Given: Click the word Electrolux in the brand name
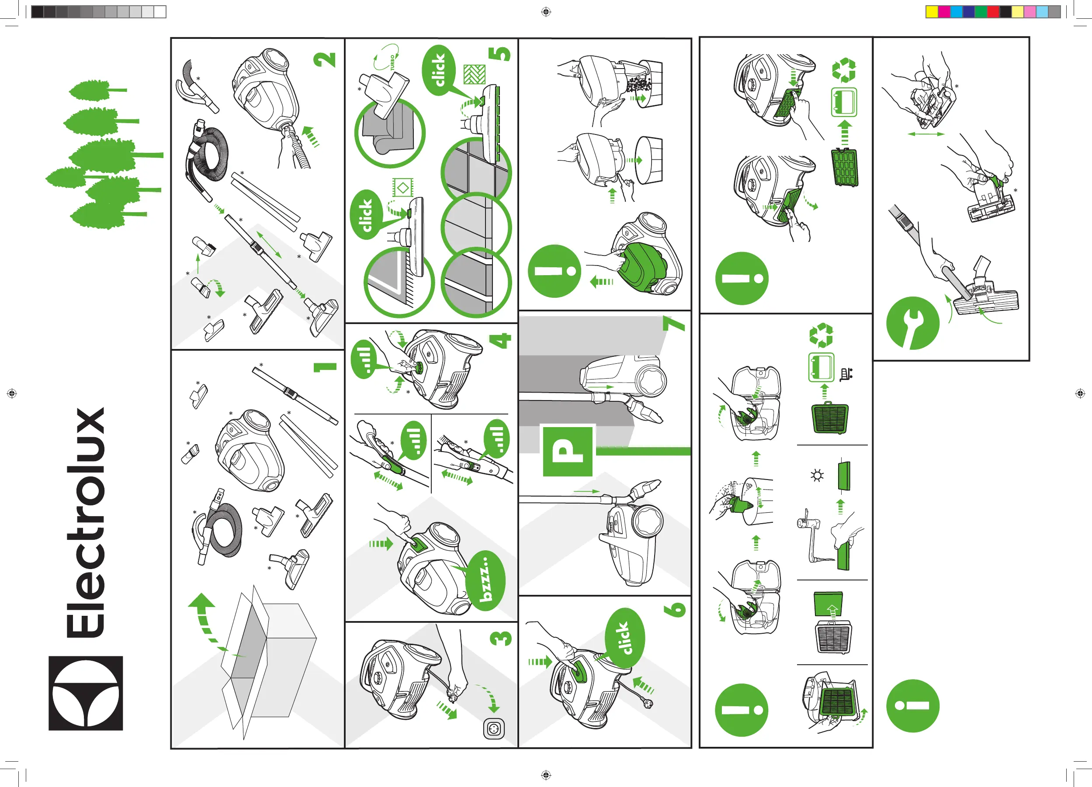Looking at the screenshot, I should tap(86, 522).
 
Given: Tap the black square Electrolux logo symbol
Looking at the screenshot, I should tap(86, 693).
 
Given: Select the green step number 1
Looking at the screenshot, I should tap(326, 367).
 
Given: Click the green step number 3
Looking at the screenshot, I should tap(501, 638).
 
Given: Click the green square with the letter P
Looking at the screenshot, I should tap(568, 451).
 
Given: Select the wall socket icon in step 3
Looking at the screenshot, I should tap(494, 729).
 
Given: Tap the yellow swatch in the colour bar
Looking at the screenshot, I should tap(932, 11).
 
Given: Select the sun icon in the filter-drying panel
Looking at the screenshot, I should tap(817, 476).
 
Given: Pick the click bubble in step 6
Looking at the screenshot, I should tap(624, 638).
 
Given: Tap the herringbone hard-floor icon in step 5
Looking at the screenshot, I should tap(474, 74).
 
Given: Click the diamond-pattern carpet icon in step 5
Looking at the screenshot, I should tap(402, 187).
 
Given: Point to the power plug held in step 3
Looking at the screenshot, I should tap(453, 697).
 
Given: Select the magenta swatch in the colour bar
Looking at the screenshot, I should tap(944, 11).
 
